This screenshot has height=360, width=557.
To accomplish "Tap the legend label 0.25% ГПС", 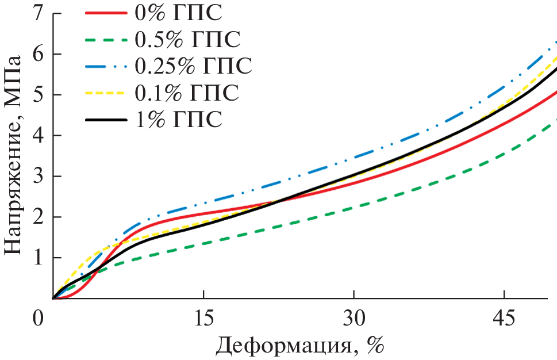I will (x=194, y=66).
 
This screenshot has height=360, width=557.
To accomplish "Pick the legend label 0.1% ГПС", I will (x=187, y=93).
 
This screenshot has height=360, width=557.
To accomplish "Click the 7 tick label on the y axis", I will (x=39, y=13).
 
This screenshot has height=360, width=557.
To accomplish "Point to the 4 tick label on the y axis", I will (x=39, y=136).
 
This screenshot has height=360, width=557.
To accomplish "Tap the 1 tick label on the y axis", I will (x=39, y=258).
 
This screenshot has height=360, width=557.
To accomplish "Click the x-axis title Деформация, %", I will (x=299, y=346).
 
